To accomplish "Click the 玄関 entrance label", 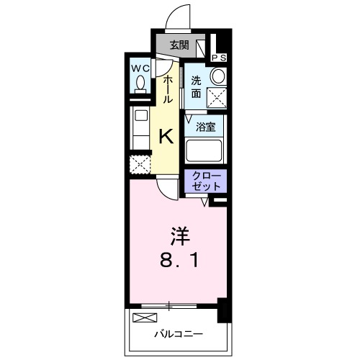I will coord(179,45).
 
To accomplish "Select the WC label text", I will coord(139,69).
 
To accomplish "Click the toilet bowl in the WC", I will coord(140,85).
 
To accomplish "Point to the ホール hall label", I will coord(168,88).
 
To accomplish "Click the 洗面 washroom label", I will coord(197,86).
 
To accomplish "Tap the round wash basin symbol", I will coord(217,76).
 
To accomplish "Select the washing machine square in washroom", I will coord(216,98).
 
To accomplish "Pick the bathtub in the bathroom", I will coord(204,150).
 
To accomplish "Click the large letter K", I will coord(166,135).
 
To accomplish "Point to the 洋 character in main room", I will coord(179,235).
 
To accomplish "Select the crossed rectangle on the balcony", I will coord(145,318).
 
